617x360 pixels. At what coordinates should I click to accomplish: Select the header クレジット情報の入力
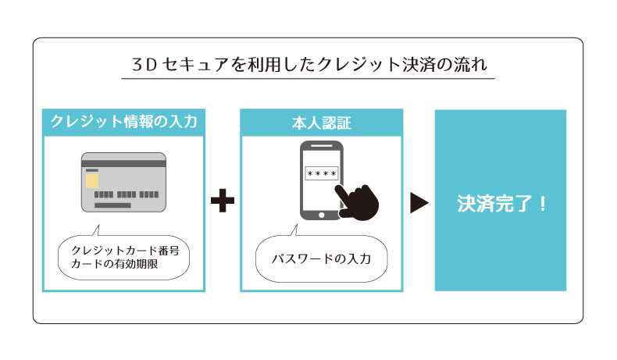pyautogui.click(x=123, y=121)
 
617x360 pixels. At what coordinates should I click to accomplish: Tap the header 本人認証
pyautogui.click(x=321, y=122)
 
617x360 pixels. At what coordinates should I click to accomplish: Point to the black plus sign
pyautogui.click(x=223, y=201)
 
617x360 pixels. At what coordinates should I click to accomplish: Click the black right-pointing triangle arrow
pyautogui.click(x=419, y=202)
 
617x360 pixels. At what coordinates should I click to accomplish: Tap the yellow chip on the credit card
pyautogui.click(x=92, y=181)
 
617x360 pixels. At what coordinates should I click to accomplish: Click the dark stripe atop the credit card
pyautogui.click(x=123, y=164)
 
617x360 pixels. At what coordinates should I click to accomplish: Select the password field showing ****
pyautogui.click(x=320, y=173)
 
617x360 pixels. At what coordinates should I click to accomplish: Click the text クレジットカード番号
pyautogui.click(x=125, y=249)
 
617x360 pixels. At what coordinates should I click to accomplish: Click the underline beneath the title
pyautogui.click(x=308, y=78)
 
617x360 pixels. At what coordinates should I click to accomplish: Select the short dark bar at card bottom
pyautogui.click(x=112, y=205)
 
